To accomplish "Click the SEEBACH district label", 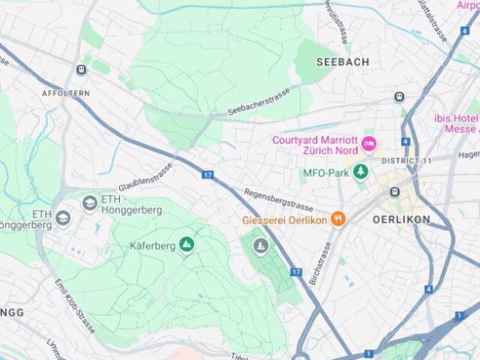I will pyautogui.click(x=343, y=62).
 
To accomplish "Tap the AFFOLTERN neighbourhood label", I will pyautogui.click(x=66, y=93).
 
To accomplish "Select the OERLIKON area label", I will pyautogui.click(x=401, y=220).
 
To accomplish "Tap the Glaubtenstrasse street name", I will pyautogui.click(x=145, y=176).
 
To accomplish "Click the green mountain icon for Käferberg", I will pyautogui.click(x=186, y=244).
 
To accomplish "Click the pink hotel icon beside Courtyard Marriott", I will pyautogui.click(x=368, y=143).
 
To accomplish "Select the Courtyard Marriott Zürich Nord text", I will pyautogui.click(x=315, y=145).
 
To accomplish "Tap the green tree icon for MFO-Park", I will pyautogui.click(x=361, y=172).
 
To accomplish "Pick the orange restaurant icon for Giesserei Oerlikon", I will pyautogui.click(x=339, y=220).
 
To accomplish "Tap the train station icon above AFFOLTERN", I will pyautogui.click(x=81, y=70).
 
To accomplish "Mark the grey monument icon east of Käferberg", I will pyautogui.click(x=260, y=245).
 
